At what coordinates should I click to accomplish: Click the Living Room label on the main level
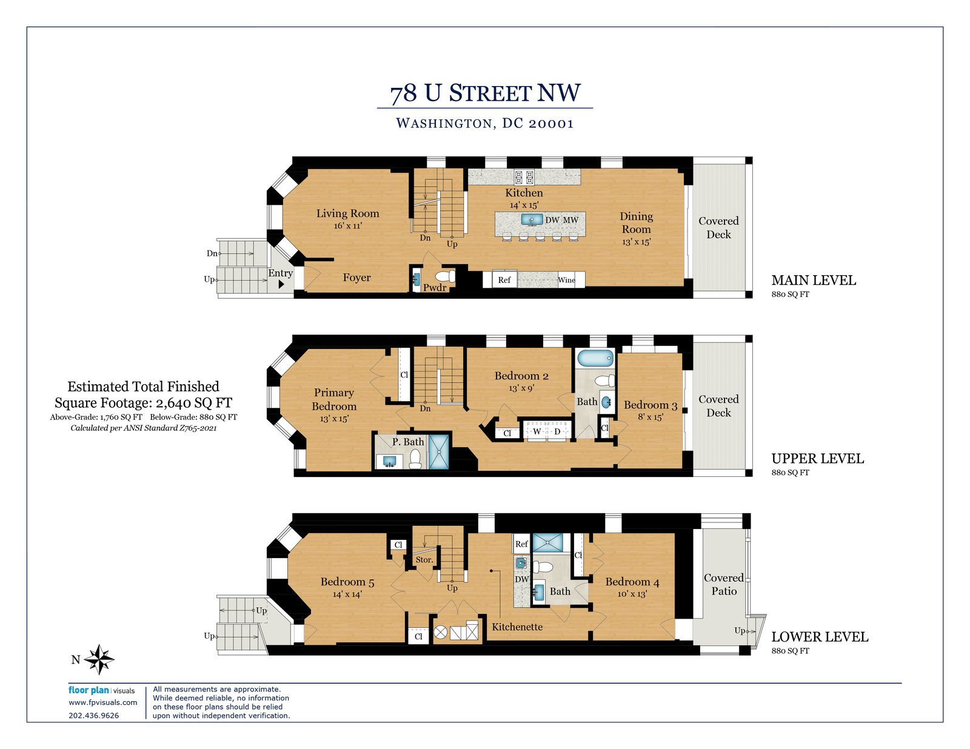coord(347,214)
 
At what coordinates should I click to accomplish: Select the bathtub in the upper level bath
coord(595,358)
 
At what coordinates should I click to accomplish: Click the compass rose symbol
coord(99,659)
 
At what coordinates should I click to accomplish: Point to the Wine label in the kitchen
coord(566,280)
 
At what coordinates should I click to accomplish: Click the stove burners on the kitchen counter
coord(524,177)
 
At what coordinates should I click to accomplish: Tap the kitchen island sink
coord(532,219)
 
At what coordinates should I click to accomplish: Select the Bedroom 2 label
coord(521,376)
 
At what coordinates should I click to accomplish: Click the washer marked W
coord(537,431)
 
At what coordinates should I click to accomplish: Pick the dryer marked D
coord(557,431)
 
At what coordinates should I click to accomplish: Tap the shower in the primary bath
coord(439,452)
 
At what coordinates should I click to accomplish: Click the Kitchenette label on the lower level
coord(517,627)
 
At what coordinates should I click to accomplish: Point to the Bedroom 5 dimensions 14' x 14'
coord(347,594)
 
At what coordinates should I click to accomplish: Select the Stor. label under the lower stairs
coord(424,560)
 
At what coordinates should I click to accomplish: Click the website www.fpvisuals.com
coord(102,702)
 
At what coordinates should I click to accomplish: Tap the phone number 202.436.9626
coord(94,716)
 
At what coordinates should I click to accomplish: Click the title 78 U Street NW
coord(485,93)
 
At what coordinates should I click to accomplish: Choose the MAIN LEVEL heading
coord(814,280)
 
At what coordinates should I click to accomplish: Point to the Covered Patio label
coord(724,584)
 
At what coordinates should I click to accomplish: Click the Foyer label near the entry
coord(356,278)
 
